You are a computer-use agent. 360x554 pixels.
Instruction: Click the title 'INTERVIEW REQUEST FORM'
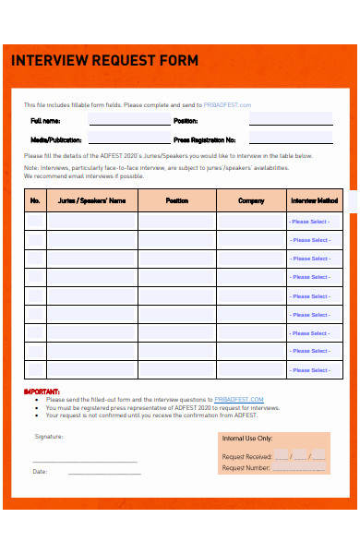tap(104, 61)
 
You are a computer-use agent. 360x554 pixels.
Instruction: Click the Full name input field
tap(129, 121)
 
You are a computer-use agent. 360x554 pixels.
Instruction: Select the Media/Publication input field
tap(129, 139)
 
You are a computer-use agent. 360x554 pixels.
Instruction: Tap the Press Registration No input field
tap(291, 139)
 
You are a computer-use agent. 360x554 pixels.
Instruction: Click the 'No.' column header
tap(35, 200)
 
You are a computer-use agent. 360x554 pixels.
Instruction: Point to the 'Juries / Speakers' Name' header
tap(91, 200)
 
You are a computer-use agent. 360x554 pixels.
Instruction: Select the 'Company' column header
tap(251, 200)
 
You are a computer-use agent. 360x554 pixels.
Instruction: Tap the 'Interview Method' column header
tap(315, 200)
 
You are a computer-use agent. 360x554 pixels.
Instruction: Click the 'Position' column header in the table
tap(177, 200)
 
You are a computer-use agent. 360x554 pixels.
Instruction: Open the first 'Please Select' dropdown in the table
tap(310, 222)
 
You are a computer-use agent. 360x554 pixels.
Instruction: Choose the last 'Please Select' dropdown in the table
tap(310, 370)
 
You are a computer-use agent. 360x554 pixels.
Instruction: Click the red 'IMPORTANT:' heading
tap(42, 391)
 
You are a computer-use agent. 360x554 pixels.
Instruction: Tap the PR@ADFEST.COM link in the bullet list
tap(239, 399)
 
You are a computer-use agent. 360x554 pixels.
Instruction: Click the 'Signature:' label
tap(49, 436)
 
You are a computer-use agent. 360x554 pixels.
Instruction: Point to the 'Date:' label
tap(40, 472)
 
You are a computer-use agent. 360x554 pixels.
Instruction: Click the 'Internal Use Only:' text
tap(246, 439)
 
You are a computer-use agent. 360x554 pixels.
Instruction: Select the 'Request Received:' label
tap(246, 456)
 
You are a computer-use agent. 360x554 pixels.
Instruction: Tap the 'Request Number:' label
tap(246, 468)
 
